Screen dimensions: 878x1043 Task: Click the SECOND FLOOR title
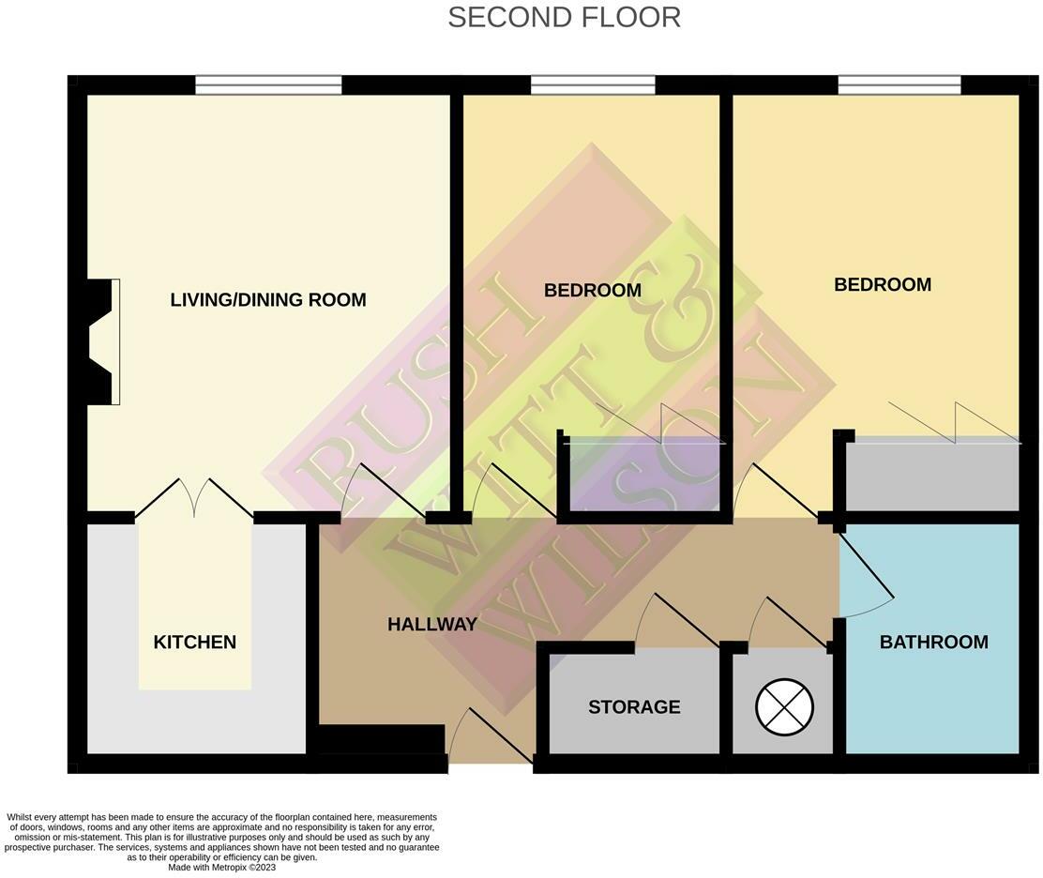564,17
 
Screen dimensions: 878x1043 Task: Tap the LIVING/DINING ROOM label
268,300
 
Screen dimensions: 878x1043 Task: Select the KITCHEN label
194,643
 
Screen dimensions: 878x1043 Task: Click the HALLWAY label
432,624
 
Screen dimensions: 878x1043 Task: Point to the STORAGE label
634,707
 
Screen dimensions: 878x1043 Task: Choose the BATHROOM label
933,643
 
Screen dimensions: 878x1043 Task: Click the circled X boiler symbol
784,706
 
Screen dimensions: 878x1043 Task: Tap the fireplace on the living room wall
101,342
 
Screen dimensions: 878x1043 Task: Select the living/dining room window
268,85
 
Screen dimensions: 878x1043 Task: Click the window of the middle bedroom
593,85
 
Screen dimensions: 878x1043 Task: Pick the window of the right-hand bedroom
899,85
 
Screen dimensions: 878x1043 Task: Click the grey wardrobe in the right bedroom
932,477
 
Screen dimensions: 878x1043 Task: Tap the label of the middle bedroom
593,291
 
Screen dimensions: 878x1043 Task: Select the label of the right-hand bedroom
883,285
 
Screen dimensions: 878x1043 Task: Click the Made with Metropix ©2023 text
222,868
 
